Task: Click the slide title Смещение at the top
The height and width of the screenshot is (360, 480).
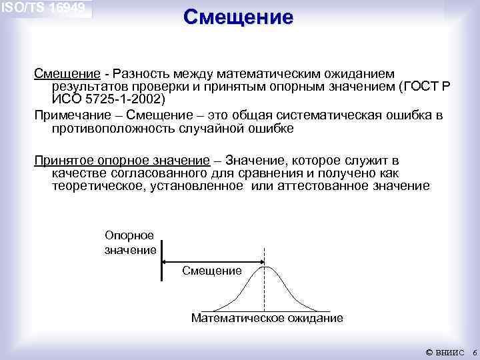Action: [x=238, y=17]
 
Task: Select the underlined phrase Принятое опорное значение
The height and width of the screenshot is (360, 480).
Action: [x=122, y=161]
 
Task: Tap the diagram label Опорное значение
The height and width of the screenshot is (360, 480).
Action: [x=130, y=243]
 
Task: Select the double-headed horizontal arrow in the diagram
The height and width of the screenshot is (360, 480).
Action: [x=213, y=262]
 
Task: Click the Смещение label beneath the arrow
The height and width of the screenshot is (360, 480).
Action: [x=211, y=271]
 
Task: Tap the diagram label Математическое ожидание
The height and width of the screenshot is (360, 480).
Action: [x=267, y=318]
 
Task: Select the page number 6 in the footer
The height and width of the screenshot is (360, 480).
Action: [x=473, y=351]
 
